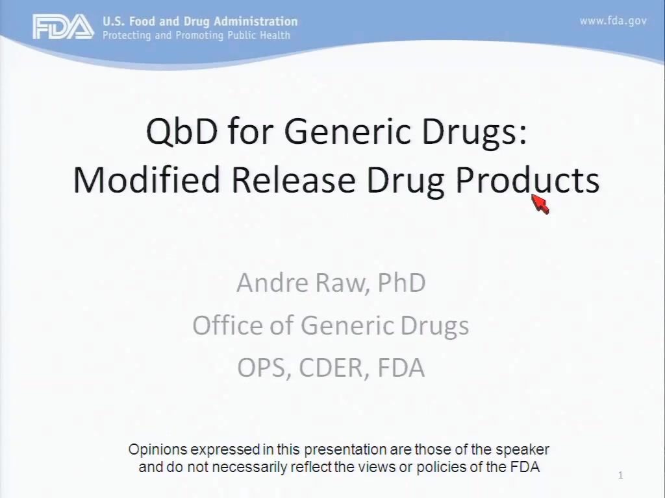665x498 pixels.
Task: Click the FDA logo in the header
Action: pos(64,27)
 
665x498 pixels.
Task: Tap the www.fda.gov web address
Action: pos(613,21)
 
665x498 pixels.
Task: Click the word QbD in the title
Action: pos(182,131)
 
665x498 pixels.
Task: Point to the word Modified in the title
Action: pos(146,180)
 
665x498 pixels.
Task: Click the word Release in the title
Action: pos(293,180)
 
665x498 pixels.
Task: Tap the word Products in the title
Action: pos(527,180)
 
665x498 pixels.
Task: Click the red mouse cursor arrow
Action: pos(540,204)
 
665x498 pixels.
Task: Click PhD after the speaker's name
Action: pos(401,283)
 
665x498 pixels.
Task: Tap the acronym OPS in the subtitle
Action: pos(264,368)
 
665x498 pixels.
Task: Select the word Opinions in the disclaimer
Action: pos(158,450)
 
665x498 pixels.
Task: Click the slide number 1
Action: pos(620,475)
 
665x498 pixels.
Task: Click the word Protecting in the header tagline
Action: pos(127,35)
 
